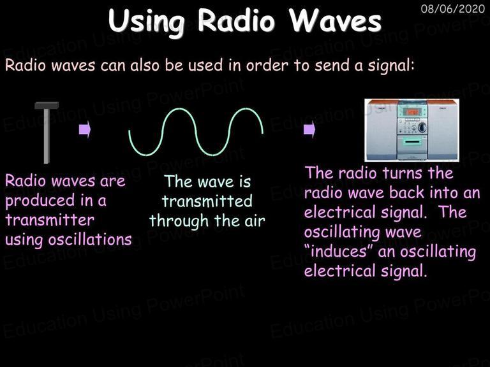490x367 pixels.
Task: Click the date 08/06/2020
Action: (452, 8)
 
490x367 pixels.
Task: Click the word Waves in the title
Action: (335, 20)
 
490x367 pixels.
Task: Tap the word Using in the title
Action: (147, 22)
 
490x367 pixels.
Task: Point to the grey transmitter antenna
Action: (46, 133)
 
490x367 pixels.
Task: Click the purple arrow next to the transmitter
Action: (85, 129)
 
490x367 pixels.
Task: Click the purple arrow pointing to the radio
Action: (309, 129)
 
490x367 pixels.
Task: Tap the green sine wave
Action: (196, 131)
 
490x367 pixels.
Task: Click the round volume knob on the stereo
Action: (422, 127)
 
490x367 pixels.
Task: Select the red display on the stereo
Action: (412, 112)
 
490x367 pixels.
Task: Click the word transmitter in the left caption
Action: (50, 220)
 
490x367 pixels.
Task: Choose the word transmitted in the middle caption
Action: (207, 201)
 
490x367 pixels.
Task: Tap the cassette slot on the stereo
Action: (412, 142)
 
